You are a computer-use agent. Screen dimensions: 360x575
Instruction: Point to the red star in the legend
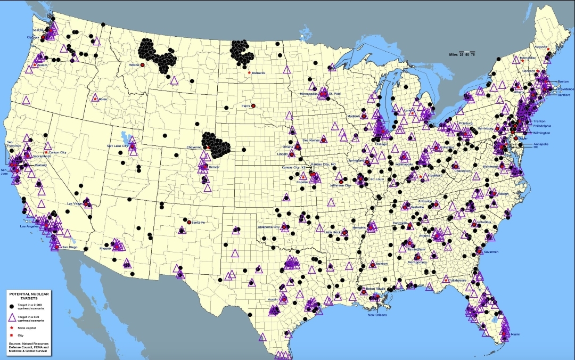coord(11,329)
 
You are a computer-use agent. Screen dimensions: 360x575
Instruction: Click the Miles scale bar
coord(463,53)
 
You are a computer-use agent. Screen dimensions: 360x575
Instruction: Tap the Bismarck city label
coord(258,73)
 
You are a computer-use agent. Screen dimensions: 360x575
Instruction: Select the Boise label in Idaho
coord(103,99)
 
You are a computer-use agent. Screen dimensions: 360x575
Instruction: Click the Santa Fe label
coord(198,222)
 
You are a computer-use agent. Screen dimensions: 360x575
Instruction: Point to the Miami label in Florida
coord(515,334)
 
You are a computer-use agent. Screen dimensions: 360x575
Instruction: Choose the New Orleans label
coord(379,315)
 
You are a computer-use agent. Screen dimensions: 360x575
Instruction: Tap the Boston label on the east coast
coord(563,81)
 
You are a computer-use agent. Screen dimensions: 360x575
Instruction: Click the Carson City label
coord(57,152)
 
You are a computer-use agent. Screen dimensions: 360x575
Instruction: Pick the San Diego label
coord(70,248)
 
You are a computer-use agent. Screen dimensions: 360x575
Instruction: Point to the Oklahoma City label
coord(269,227)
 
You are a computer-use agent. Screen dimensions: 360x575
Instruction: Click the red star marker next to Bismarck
coord(249,73)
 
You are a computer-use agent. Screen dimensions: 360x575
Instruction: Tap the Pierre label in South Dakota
coord(246,105)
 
